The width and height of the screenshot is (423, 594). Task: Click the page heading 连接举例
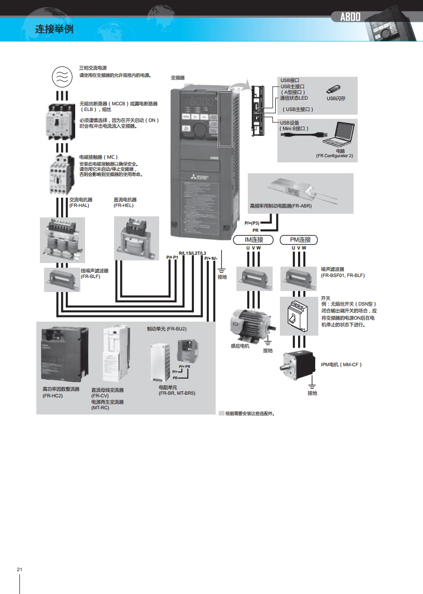point(54,29)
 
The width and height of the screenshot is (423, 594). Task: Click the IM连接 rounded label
point(254,240)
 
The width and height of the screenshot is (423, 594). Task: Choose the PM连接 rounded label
point(299,240)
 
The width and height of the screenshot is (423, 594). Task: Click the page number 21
point(20,570)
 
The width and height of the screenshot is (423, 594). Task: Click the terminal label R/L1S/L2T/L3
point(192,253)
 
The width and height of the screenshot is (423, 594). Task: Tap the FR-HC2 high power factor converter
point(62,354)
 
